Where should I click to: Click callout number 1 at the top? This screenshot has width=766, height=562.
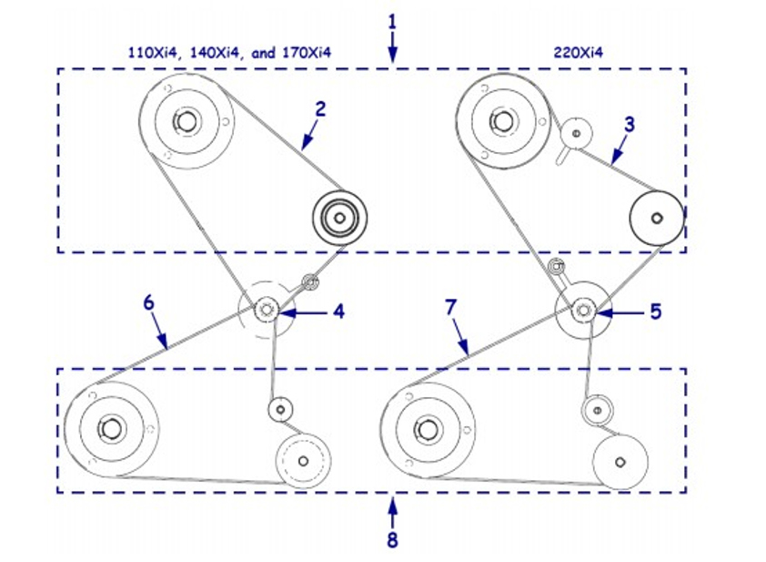392,20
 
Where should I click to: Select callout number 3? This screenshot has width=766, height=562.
629,122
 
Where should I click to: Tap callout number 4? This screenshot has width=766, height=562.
338,312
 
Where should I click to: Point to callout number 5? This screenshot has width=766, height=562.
655,312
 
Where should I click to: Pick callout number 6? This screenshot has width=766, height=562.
148,302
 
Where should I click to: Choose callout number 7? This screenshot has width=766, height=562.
449,308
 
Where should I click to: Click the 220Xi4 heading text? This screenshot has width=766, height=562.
579,52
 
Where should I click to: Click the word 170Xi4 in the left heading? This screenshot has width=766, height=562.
304,52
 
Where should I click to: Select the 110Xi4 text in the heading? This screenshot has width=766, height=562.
151,52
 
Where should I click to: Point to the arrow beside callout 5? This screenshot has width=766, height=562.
619,312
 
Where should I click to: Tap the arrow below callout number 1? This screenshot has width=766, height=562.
392,47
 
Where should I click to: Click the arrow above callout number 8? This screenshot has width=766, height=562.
392,508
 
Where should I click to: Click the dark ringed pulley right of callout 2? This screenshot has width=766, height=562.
338,218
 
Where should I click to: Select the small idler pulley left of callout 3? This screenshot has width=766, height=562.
574,133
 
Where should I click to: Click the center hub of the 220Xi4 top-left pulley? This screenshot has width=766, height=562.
499,119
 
